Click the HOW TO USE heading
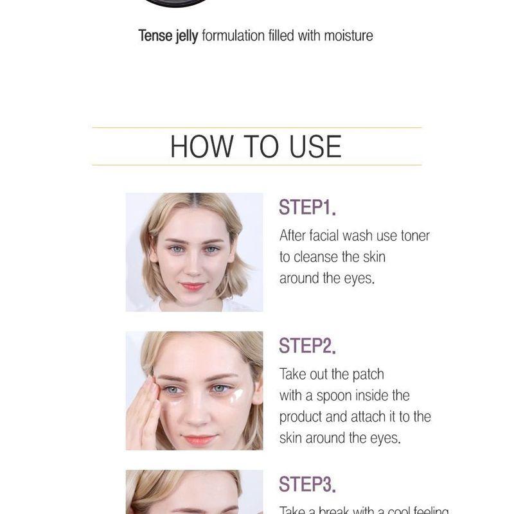point(256,146)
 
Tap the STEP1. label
point(307,208)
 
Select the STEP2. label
point(307,346)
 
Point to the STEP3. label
point(307,484)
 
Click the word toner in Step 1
point(415,236)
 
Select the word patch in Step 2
point(368,375)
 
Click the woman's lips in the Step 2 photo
point(200,440)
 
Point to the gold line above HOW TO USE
point(257,128)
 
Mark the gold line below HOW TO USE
point(257,165)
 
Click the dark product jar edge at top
point(176,3)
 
